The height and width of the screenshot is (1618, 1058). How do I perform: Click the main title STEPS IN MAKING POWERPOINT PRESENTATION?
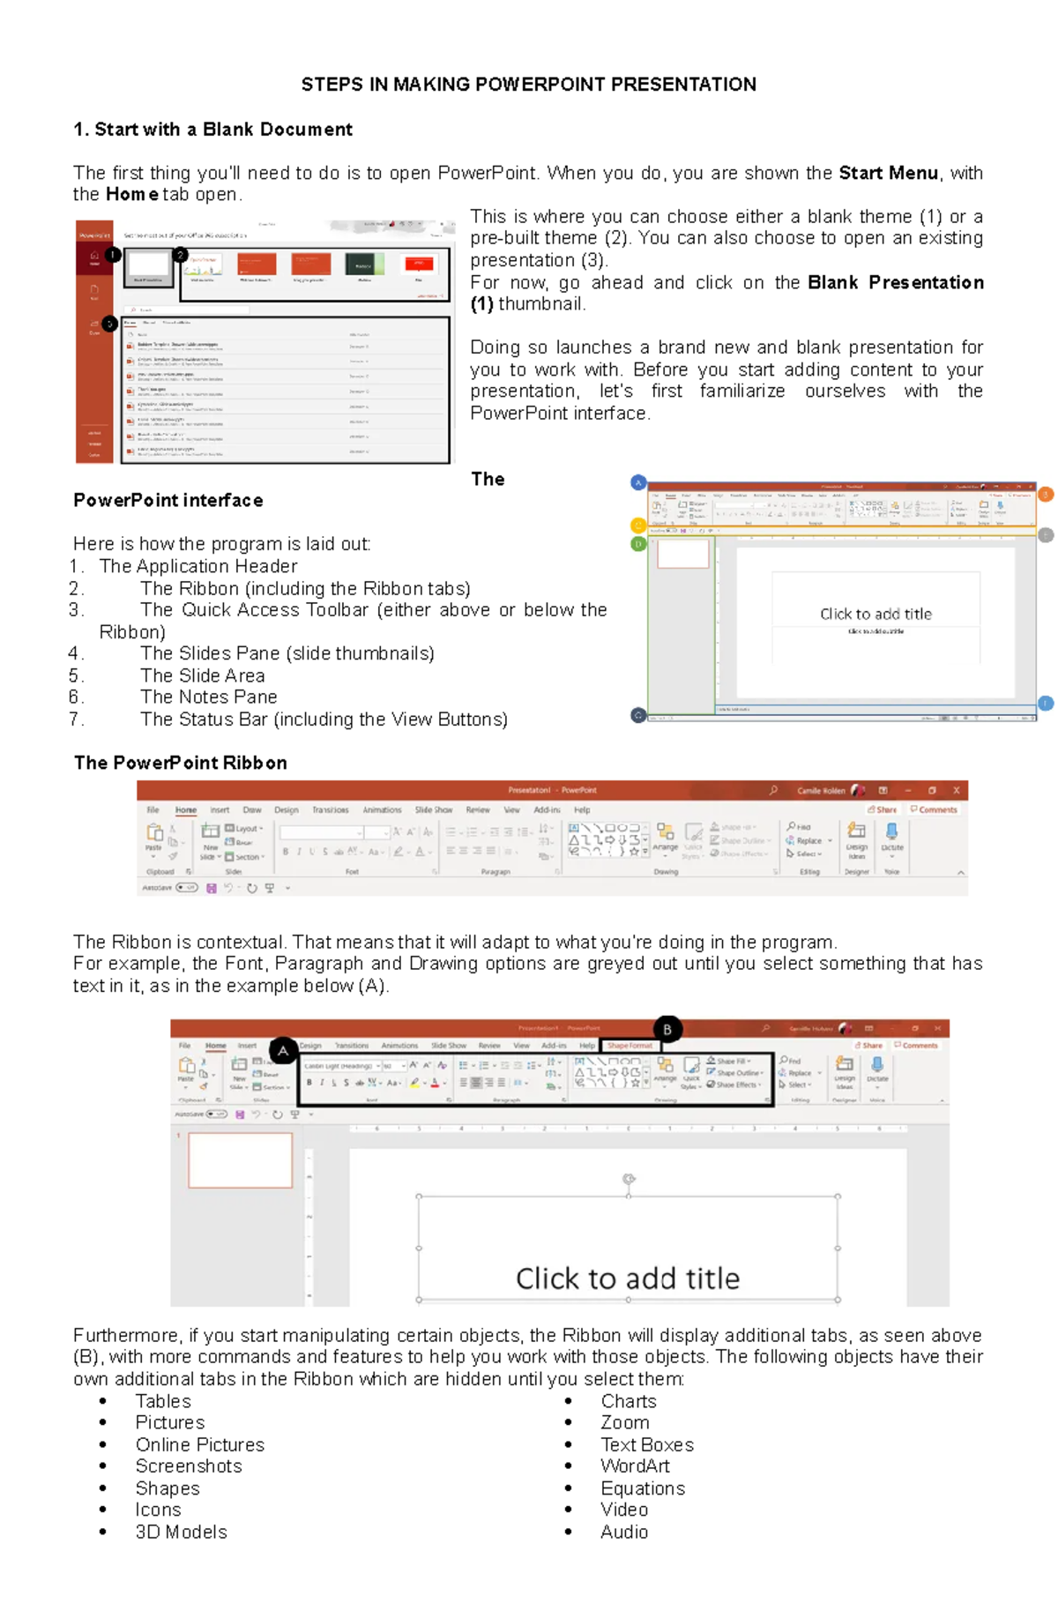coord(528,85)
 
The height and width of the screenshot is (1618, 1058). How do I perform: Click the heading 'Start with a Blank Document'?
coord(223,130)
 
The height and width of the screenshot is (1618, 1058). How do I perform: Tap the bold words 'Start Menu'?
coord(888,173)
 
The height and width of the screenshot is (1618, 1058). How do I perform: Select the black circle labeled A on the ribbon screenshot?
coord(283,1050)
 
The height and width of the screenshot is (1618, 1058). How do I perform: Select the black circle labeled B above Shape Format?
coord(667,1029)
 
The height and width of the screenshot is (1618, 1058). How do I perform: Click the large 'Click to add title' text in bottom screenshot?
coord(627,1278)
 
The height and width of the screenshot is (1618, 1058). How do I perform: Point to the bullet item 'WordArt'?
coord(635,1465)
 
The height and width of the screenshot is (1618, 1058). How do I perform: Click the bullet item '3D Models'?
coord(181,1532)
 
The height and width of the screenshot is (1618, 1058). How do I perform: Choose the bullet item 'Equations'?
coord(643,1488)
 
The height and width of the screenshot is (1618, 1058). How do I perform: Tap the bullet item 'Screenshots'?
coord(189,1465)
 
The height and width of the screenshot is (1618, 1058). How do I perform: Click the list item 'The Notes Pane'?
coord(209,697)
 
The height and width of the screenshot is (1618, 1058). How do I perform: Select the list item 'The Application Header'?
coord(198,566)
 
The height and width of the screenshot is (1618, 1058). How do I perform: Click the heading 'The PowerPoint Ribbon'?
coord(181,763)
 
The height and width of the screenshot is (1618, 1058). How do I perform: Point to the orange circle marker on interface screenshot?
coord(1046,495)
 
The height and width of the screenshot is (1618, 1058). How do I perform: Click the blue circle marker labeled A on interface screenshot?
coord(639,482)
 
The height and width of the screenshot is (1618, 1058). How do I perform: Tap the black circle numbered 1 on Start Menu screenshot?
coord(113,255)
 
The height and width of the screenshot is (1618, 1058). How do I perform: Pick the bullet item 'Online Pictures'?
coord(200,1444)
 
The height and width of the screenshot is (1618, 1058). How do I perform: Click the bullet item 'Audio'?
coord(624,1532)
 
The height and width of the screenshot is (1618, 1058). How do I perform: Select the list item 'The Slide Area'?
coord(203,675)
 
